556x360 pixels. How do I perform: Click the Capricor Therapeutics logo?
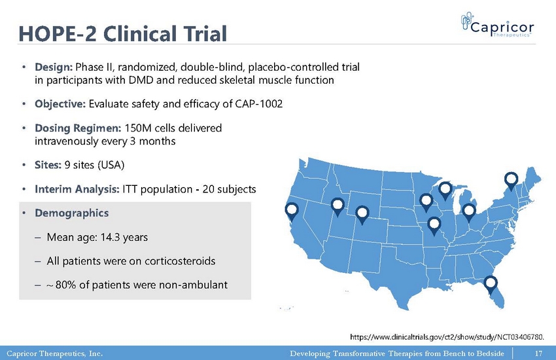click(497, 24)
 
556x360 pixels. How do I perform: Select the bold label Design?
click(54, 67)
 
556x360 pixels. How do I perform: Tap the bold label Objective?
click(60, 104)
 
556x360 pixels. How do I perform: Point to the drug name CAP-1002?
click(259, 103)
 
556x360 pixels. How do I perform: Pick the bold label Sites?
click(48, 165)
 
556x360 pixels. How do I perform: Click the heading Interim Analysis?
click(77, 189)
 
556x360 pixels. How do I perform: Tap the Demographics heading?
click(72, 213)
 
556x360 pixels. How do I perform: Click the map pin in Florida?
click(491, 285)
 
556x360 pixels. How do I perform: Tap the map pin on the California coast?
click(292, 211)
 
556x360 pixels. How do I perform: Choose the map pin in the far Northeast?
click(511, 180)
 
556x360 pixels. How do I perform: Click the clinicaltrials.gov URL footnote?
click(447, 336)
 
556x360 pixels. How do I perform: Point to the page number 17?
click(538, 353)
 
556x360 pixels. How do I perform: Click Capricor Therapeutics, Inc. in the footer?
click(54, 353)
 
